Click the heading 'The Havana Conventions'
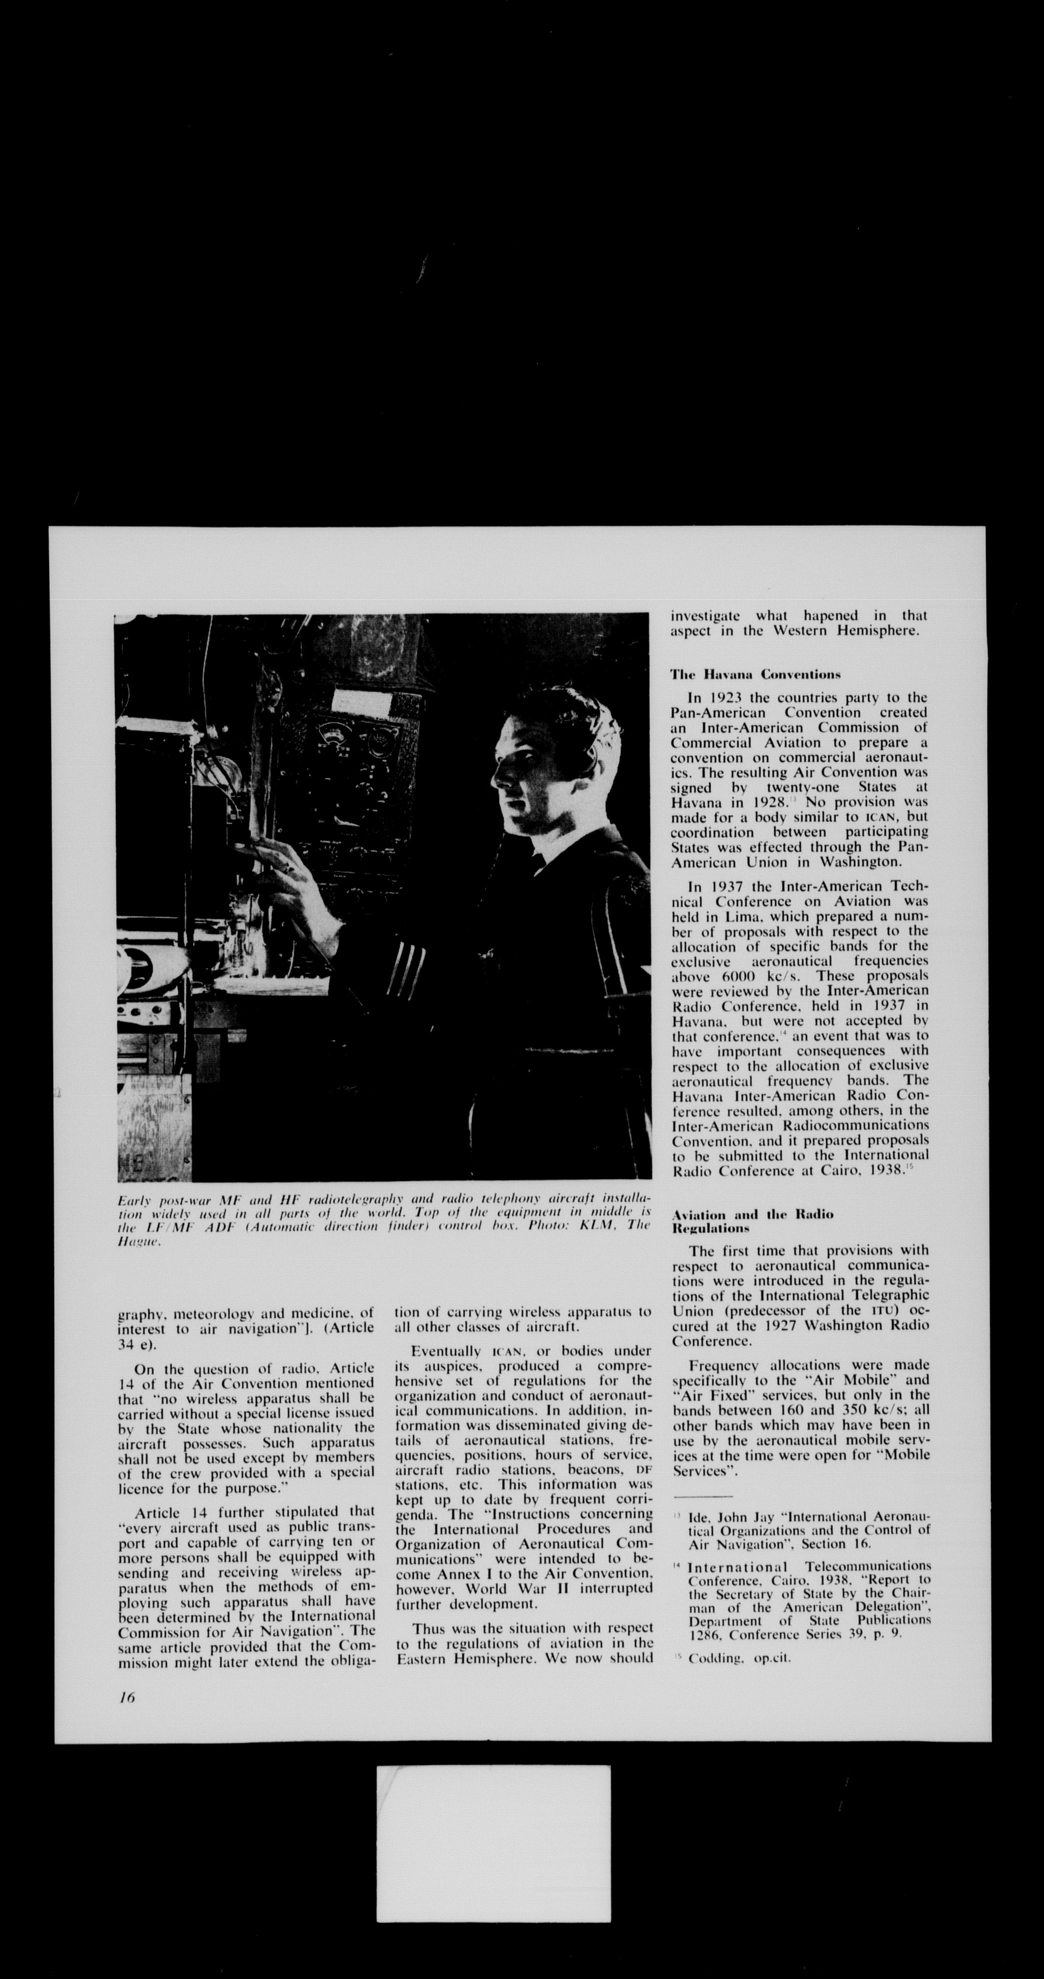[x=755, y=675]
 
